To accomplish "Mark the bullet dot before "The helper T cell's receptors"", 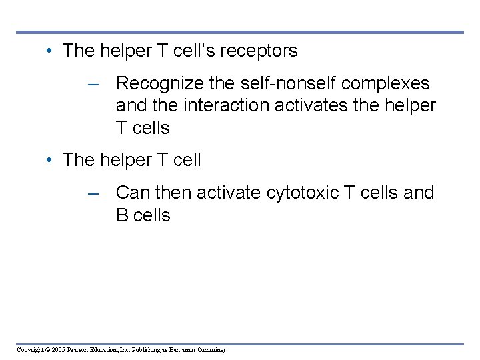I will tap(50, 51).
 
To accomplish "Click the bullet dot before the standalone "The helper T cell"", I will tap(50, 161).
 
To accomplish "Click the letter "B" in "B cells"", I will tap(122, 215).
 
